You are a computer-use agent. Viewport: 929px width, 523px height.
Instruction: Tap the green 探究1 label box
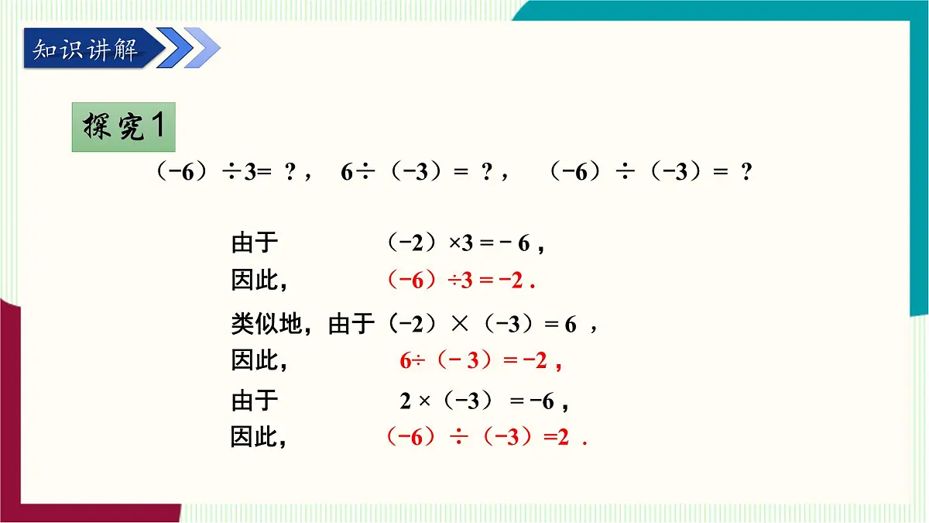(124, 127)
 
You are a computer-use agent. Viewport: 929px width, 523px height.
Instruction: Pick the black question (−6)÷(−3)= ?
(650, 173)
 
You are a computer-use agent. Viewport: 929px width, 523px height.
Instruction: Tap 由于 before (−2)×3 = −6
(254, 244)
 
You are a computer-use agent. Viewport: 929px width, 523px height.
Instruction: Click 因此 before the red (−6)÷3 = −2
(254, 280)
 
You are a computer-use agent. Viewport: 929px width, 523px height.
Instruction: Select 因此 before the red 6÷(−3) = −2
(254, 360)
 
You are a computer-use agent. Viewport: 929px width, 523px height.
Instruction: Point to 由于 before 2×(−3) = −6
(254, 401)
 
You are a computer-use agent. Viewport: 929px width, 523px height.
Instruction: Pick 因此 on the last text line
(254, 438)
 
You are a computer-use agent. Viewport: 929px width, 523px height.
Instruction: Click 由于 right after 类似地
(351, 325)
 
